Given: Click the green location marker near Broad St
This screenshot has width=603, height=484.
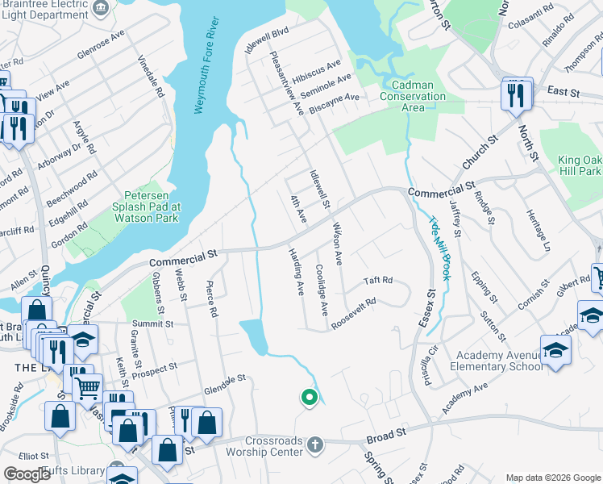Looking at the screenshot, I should (307, 397).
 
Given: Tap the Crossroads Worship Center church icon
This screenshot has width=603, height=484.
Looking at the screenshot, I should (315, 444).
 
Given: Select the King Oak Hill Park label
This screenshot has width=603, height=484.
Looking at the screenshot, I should (579, 165).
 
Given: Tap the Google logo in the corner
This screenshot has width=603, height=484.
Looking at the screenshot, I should (27, 474).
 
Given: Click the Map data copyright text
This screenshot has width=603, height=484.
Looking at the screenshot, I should (552, 478).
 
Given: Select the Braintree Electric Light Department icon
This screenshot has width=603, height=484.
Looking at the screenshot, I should (101, 8).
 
